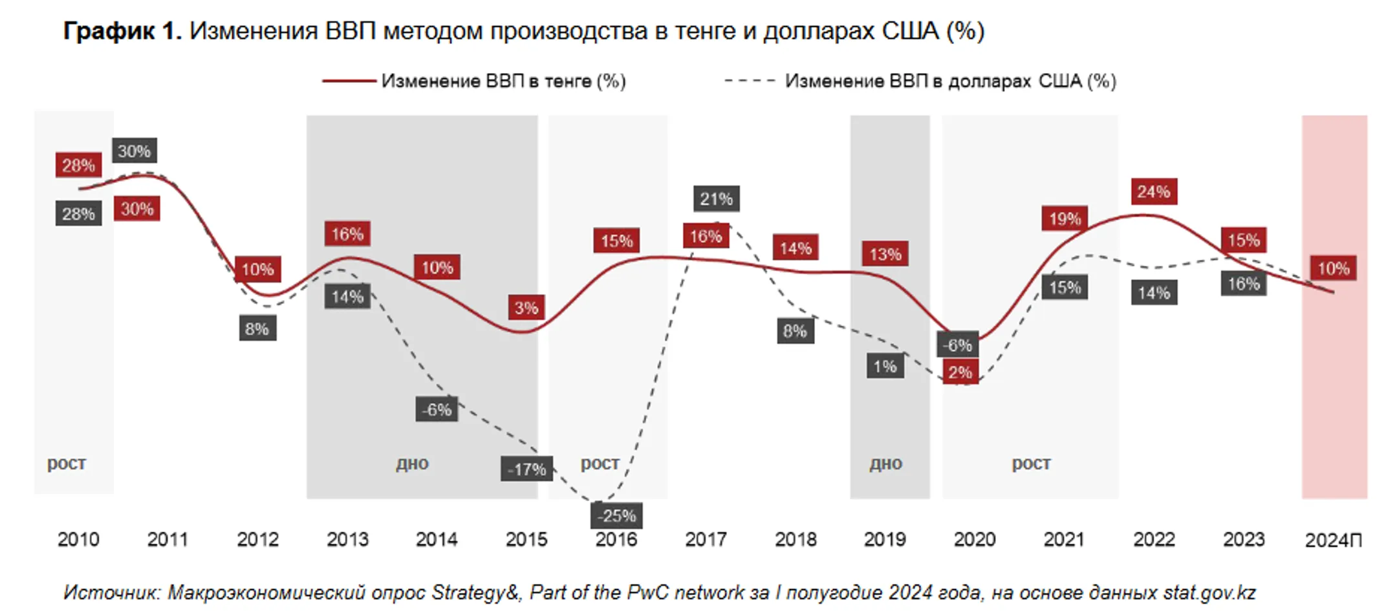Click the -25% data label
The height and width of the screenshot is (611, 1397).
[x=616, y=515]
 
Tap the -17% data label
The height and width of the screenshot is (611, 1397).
[x=526, y=469]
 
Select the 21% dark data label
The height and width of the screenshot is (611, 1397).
[x=716, y=198]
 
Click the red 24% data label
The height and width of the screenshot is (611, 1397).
[x=1153, y=191]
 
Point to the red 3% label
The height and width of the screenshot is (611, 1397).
[x=526, y=308]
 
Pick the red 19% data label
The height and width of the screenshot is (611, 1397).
[x=1065, y=219]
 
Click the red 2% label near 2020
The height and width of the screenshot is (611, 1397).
[x=960, y=372]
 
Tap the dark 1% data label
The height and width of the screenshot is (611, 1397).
[x=885, y=367]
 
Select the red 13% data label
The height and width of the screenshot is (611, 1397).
[x=885, y=253]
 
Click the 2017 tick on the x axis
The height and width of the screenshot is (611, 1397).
[x=706, y=539]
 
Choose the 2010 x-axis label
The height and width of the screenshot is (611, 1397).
[x=78, y=539]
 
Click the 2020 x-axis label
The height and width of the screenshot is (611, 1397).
[x=974, y=539]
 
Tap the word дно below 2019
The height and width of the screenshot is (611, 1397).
[x=885, y=463]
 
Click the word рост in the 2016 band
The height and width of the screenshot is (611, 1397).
[x=600, y=463]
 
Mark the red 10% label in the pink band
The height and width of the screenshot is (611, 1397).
[x=1333, y=268]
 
